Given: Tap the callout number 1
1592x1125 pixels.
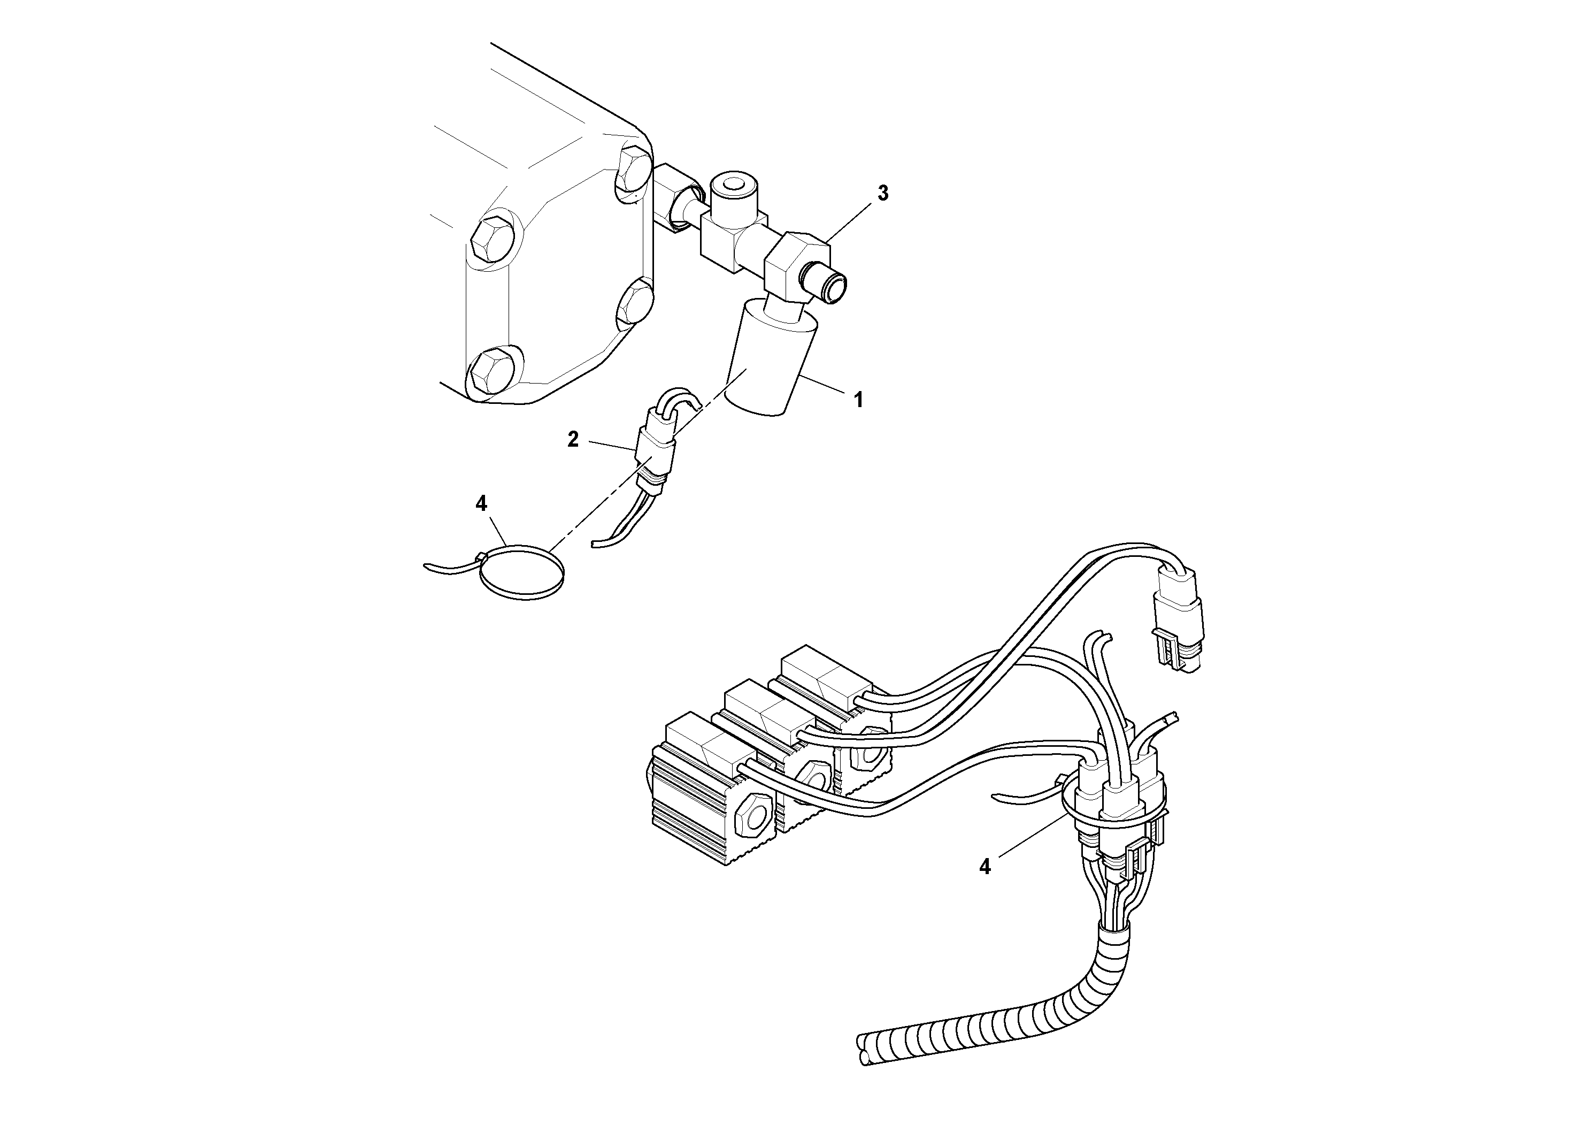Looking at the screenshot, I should [x=858, y=400].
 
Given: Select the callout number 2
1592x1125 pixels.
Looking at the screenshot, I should [x=573, y=439].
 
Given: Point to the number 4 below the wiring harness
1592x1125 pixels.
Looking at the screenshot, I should [x=985, y=866].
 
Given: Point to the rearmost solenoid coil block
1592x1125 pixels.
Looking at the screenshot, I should [x=825, y=676].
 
